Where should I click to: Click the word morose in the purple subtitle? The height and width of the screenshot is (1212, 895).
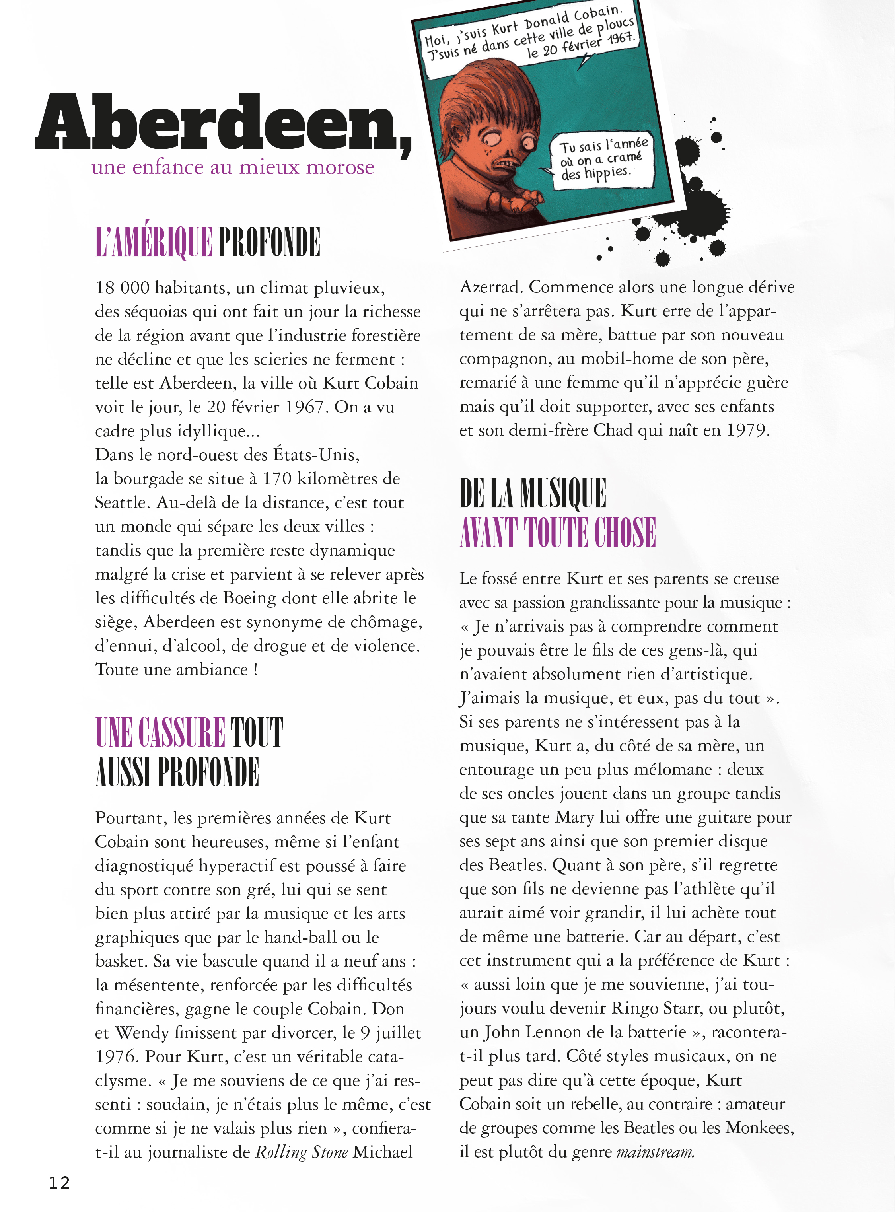[x=340, y=167]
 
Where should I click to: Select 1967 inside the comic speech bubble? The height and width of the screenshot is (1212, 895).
[x=620, y=39]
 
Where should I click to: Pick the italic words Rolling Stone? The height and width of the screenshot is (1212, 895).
[x=301, y=1152]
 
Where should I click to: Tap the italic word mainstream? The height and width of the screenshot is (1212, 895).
[x=655, y=1152]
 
